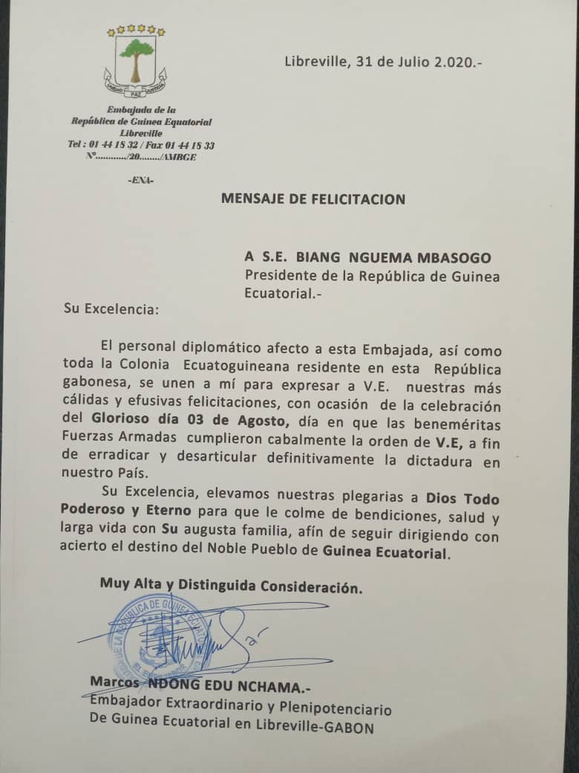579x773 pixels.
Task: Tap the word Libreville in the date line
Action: (x=315, y=62)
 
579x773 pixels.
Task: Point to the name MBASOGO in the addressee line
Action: (x=456, y=257)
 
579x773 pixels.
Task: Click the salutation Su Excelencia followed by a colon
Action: (x=111, y=308)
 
